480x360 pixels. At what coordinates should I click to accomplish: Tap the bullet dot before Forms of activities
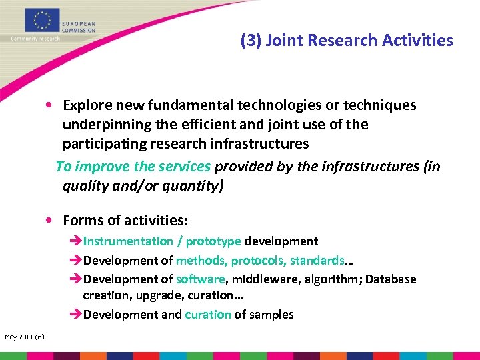50,221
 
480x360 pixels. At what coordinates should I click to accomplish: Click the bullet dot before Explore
50,106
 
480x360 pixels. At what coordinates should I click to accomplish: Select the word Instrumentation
127,241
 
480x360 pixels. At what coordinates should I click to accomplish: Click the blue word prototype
213,241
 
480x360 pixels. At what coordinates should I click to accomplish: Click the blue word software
201,279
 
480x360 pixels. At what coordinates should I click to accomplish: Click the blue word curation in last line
208,315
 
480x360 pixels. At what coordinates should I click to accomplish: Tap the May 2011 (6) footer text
25,337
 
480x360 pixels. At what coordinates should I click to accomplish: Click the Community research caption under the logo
35,39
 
